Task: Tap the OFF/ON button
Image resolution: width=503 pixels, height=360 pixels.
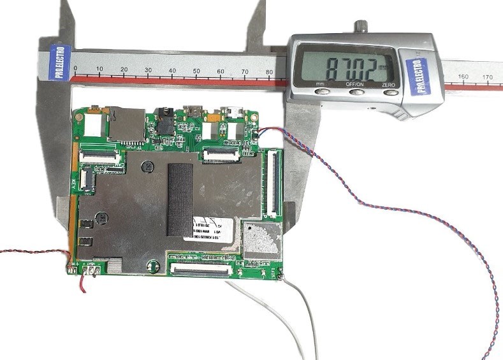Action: tap(355, 91)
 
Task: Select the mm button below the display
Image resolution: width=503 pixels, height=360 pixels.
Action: tap(320, 90)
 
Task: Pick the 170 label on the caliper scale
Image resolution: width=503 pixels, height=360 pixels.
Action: tap(488, 77)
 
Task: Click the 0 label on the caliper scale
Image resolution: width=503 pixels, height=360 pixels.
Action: tap(76, 69)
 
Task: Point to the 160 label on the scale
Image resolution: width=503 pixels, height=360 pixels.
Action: tap(463, 77)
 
